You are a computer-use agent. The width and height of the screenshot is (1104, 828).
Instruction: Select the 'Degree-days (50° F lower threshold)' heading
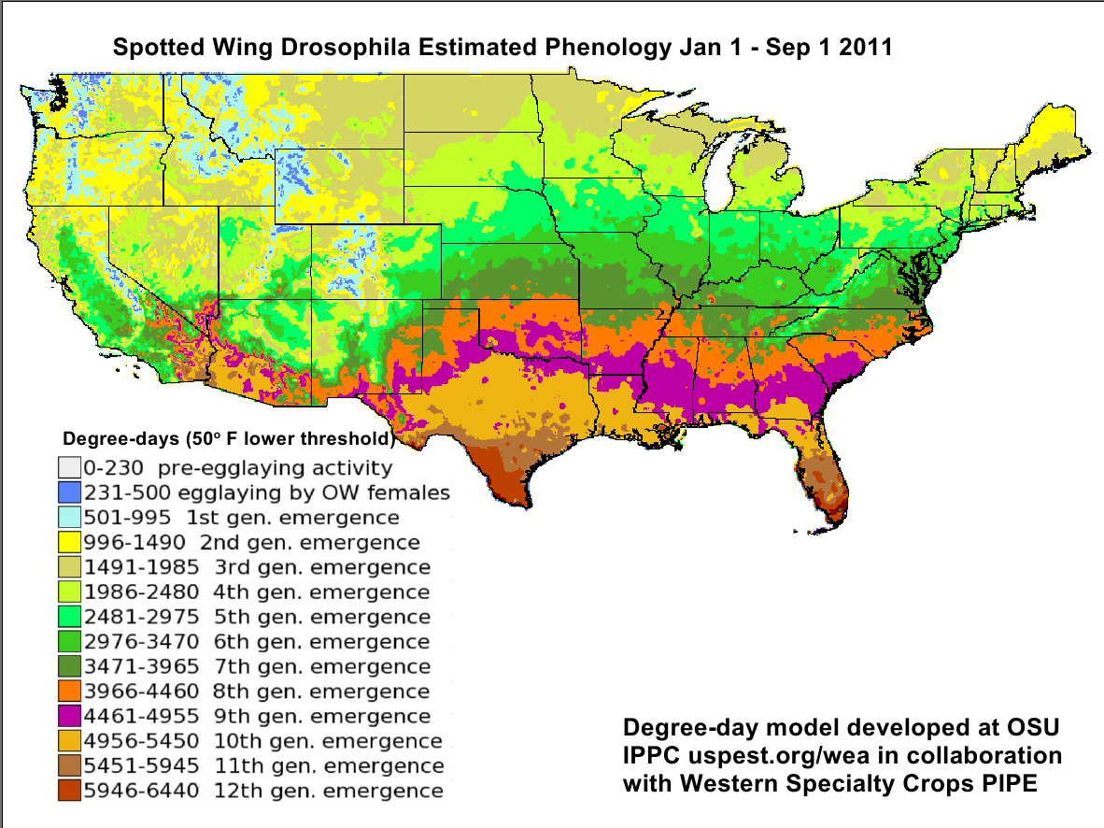click(x=226, y=437)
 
